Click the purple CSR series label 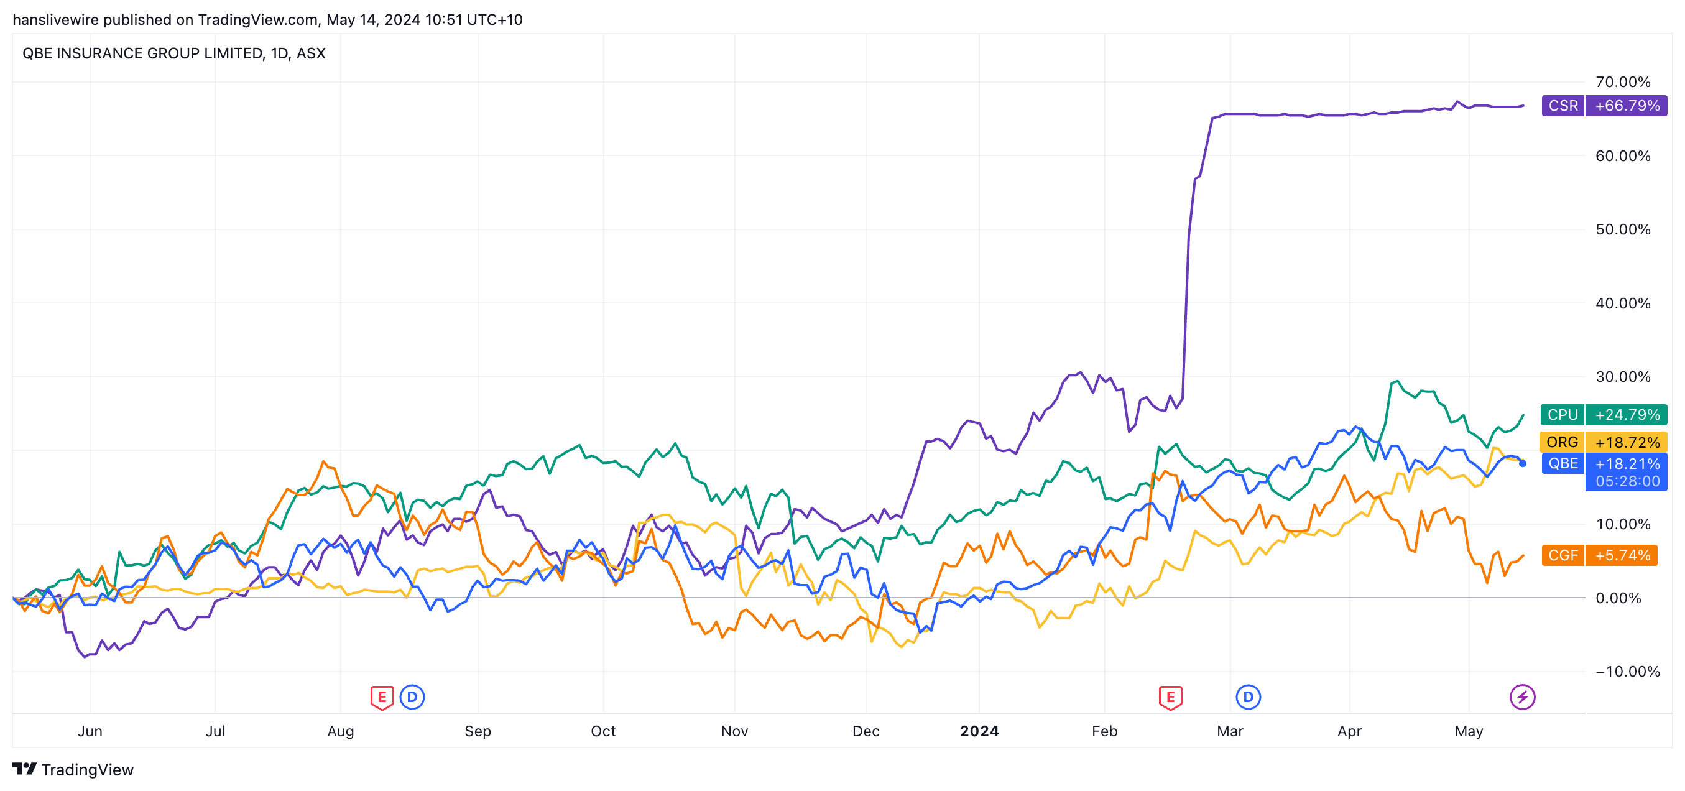point(1563,106)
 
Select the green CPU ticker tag point(1562,415)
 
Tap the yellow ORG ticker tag point(1562,442)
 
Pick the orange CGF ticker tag point(1563,555)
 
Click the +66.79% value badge point(1627,106)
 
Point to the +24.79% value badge point(1627,415)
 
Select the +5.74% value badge point(1622,555)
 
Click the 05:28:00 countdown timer point(1627,481)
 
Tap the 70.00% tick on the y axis point(1622,83)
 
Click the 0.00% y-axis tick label point(1618,598)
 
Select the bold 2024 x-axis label point(979,731)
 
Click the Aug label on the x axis point(340,731)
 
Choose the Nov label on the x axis point(734,731)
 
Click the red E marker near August point(382,698)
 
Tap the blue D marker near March point(1248,698)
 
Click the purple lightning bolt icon point(1522,698)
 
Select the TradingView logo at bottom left point(73,769)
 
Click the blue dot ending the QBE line point(1523,463)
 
